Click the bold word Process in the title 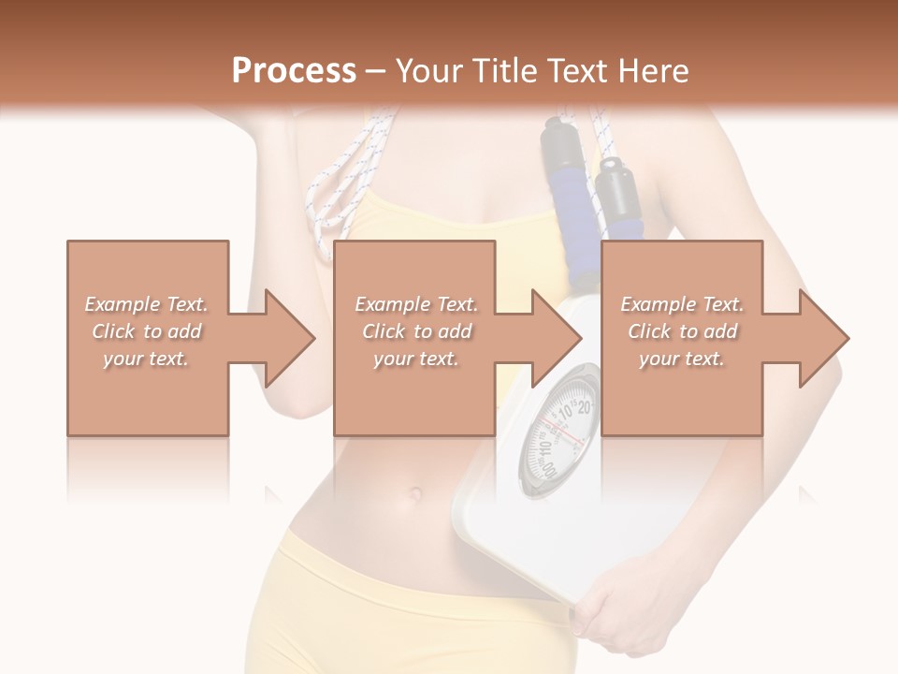pyautogui.click(x=294, y=71)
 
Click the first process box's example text pyautogui.click(x=147, y=331)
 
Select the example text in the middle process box pyautogui.click(x=416, y=331)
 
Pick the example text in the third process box pyautogui.click(x=682, y=331)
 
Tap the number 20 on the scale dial pyautogui.click(x=584, y=407)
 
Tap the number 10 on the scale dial pyautogui.click(x=566, y=411)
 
